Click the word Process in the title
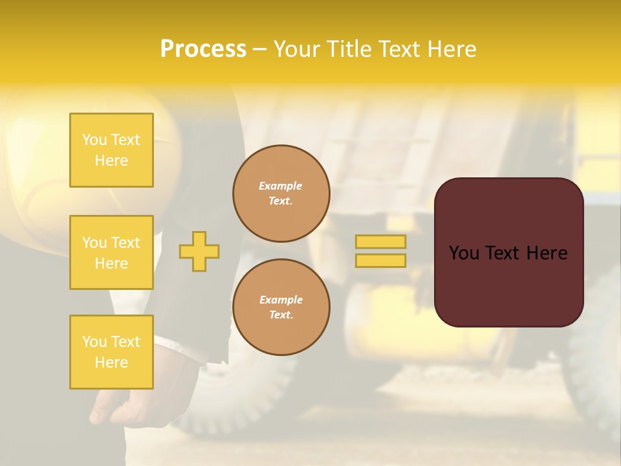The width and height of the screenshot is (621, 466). point(203,49)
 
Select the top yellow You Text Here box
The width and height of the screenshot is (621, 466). point(111,150)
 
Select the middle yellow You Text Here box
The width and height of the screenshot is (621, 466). point(111,252)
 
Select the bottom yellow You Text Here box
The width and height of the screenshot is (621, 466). point(111,352)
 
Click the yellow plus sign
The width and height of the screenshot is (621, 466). point(199,251)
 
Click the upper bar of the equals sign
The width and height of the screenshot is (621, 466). point(380,241)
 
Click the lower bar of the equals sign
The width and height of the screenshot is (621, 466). point(380,260)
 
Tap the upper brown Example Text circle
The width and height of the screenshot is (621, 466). point(281,194)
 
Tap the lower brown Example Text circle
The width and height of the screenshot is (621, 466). point(281,307)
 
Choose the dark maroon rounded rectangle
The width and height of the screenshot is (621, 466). point(508,291)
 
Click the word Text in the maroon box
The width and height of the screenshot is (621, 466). point(508,253)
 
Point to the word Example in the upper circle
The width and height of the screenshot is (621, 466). point(280,186)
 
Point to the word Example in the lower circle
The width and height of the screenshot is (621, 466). point(281,300)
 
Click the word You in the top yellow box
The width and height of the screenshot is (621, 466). point(94,140)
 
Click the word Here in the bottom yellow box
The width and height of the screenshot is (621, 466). point(111,362)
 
